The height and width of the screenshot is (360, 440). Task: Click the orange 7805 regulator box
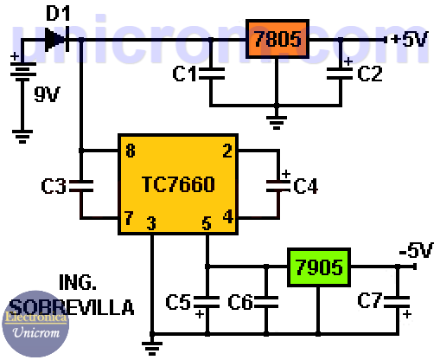tap(277, 39)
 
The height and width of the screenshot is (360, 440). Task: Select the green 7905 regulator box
tap(317, 266)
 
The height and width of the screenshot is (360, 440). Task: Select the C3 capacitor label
tap(54, 184)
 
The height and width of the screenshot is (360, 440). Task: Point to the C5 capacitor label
tap(178, 302)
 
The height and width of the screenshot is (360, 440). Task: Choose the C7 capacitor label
tap(370, 302)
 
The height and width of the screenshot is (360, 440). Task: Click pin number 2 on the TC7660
tap(226, 151)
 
